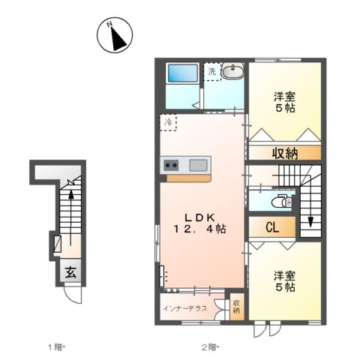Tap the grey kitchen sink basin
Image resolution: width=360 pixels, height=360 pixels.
(199, 165)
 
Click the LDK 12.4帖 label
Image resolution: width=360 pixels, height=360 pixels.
(198, 221)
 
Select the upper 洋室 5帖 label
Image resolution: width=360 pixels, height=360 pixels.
(283, 102)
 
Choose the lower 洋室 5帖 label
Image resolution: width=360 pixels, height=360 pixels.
(283, 281)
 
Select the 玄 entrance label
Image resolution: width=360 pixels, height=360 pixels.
(68, 272)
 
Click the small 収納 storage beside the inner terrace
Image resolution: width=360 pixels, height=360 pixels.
(236, 307)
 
